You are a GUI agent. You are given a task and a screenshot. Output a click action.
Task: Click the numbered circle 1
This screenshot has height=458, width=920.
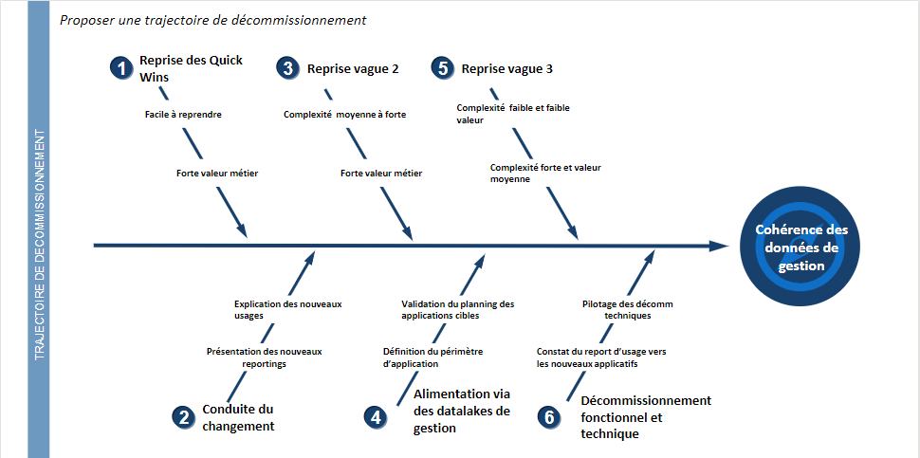pos(121,68)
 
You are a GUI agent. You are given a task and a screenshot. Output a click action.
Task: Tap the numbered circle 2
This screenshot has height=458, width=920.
pos(184,417)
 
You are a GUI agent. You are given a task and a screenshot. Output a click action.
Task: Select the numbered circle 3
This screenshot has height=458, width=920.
pos(287,68)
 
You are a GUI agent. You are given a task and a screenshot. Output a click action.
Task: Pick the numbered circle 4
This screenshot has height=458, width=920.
pos(376,417)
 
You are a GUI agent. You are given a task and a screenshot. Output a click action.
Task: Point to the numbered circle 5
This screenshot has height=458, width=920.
pos(442,68)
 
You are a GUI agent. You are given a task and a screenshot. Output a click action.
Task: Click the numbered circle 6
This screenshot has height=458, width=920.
pos(548,417)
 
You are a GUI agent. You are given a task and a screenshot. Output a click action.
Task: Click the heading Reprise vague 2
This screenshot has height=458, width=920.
pos(353,68)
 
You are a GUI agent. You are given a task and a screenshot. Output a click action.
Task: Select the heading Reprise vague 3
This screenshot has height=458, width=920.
pos(506,68)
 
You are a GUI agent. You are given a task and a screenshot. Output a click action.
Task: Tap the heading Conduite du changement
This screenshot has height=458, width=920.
pos(238,417)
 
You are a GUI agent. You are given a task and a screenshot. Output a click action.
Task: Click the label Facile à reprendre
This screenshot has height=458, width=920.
pos(183,115)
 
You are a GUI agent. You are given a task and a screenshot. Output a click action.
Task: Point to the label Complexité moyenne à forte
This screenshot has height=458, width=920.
pos(345,115)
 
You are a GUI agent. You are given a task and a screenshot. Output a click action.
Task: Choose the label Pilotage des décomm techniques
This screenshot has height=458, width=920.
pos(628,310)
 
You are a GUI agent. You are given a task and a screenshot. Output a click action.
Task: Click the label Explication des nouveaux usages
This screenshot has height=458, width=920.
pos(288,310)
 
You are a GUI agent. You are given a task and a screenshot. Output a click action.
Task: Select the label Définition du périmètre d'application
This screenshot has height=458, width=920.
pos(433,357)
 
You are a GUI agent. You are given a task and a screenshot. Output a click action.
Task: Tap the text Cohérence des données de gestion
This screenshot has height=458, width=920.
pos(800,247)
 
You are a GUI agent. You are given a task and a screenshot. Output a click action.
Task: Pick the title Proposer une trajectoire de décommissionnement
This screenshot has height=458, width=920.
pos(213,21)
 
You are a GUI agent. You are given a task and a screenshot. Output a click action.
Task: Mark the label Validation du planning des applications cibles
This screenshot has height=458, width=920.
pos(458,310)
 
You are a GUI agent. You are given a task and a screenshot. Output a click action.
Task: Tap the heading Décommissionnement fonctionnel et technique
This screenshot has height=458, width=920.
pos(646,417)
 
